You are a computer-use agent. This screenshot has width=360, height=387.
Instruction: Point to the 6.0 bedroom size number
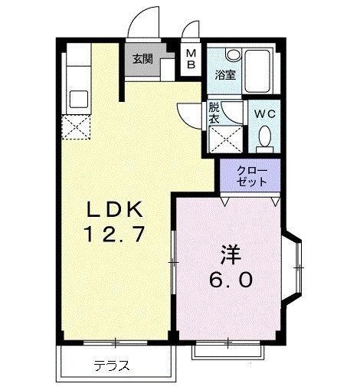click(231, 280)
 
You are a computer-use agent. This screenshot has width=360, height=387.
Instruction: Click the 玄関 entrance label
click(142, 60)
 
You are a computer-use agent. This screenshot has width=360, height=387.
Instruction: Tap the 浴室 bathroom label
click(224, 75)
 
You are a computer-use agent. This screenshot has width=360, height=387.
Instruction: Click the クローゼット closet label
click(250, 176)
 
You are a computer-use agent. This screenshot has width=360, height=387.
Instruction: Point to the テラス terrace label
click(110, 365)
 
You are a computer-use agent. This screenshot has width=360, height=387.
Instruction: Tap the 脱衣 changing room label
click(214, 113)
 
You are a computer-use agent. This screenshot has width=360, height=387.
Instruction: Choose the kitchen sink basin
click(78, 98)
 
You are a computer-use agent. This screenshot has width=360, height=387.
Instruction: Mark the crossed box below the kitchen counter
click(77, 127)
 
